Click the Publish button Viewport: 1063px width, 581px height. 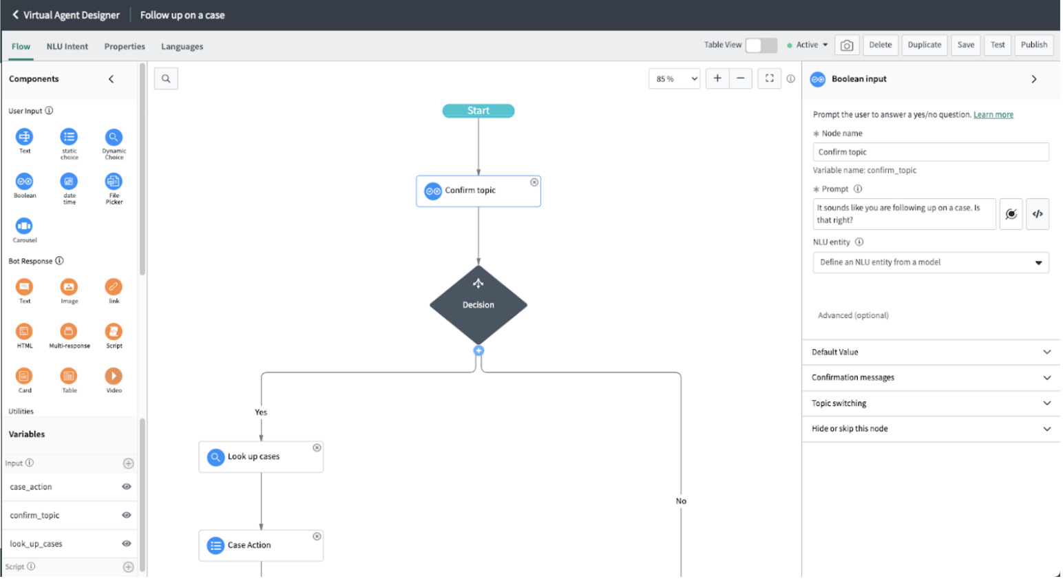1033,45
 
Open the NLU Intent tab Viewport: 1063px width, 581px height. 67,47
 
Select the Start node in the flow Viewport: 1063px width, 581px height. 478,111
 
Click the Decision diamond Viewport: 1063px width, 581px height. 478,305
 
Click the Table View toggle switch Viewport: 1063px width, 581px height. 761,45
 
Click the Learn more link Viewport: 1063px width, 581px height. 993,115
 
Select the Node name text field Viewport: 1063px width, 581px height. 930,152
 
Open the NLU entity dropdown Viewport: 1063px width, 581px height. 930,262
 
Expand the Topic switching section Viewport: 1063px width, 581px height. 930,403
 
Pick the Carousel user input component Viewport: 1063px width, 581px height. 24,226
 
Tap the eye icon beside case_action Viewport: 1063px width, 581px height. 127,487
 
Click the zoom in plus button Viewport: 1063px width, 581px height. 717,78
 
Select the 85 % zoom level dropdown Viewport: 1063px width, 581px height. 674,79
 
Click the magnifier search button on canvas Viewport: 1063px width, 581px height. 166,78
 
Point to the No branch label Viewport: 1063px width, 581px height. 681,501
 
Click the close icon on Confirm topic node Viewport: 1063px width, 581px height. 534,182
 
